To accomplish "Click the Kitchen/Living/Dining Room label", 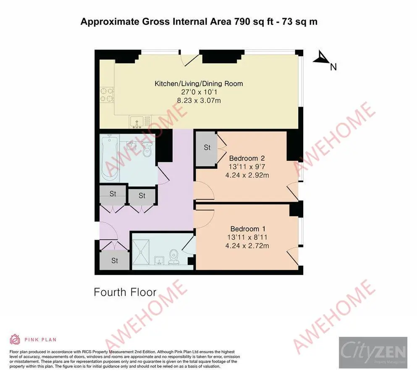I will click(x=199, y=84).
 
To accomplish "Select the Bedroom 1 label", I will click(x=248, y=229).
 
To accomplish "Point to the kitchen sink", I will click(x=136, y=121).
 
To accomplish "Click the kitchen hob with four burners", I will click(x=106, y=94).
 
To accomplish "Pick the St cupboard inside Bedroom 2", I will click(x=207, y=148).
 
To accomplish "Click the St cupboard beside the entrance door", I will click(x=114, y=261).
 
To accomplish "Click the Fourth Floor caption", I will click(x=125, y=292).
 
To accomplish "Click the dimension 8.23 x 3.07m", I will click(x=199, y=100).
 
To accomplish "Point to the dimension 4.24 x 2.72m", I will click(x=248, y=246).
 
